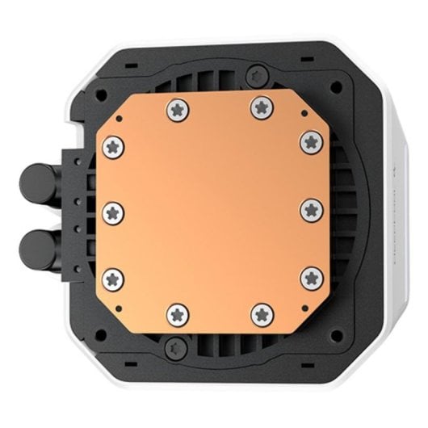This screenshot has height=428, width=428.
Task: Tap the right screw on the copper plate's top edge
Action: (x=258, y=104)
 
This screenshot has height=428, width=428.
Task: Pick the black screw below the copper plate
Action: (x=172, y=347)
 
